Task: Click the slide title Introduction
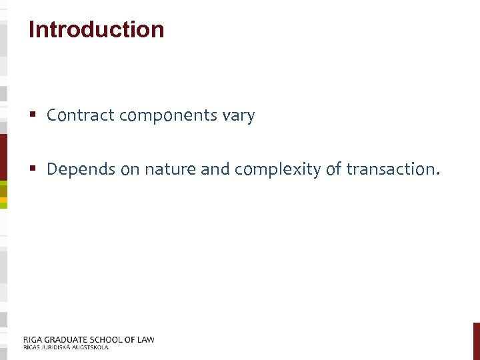pyautogui.click(x=96, y=29)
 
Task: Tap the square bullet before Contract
pyautogui.click(x=33, y=116)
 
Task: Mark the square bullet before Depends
pyautogui.click(x=33, y=170)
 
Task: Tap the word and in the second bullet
pyautogui.click(x=215, y=169)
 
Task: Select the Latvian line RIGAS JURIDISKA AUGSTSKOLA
pyautogui.click(x=65, y=347)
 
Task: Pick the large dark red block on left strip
pyautogui.click(x=3, y=157)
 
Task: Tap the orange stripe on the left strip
pyautogui.click(x=3, y=199)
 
